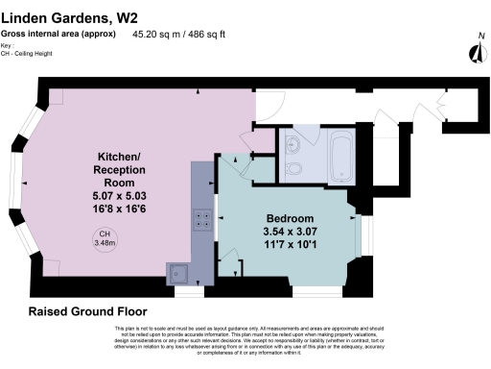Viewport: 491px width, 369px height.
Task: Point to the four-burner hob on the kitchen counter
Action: (x=202, y=220)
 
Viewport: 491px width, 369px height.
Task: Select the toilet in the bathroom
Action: (x=297, y=170)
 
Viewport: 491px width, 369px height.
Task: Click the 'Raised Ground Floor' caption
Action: (x=87, y=312)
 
